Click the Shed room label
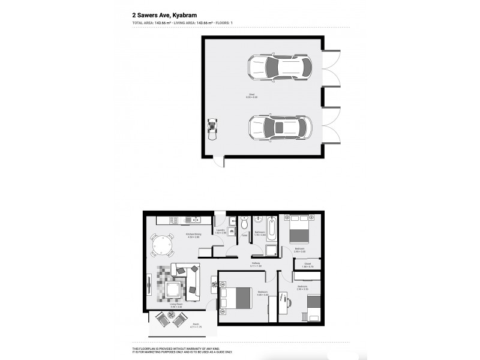tap(252, 95)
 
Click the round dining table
tap(163, 245)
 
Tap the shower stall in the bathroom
tap(272, 251)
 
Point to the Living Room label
tap(175, 305)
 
